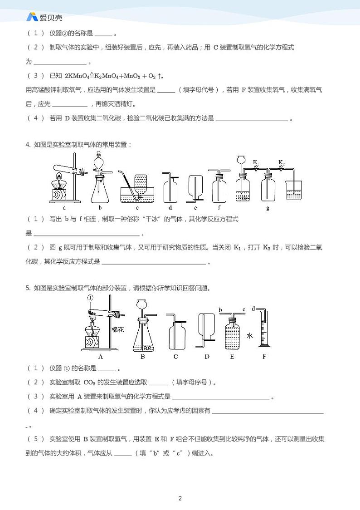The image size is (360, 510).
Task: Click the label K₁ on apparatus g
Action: coord(255,162)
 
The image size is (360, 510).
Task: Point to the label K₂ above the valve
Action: coord(282,162)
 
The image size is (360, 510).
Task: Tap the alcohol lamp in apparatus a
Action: coord(58,183)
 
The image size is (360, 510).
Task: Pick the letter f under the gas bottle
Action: coord(219,208)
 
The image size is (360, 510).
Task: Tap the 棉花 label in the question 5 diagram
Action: coord(117,330)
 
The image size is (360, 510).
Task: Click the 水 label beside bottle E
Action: coord(249,336)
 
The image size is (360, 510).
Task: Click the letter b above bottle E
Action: coord(220,310)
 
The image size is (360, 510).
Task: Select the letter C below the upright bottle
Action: coord(175,357)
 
